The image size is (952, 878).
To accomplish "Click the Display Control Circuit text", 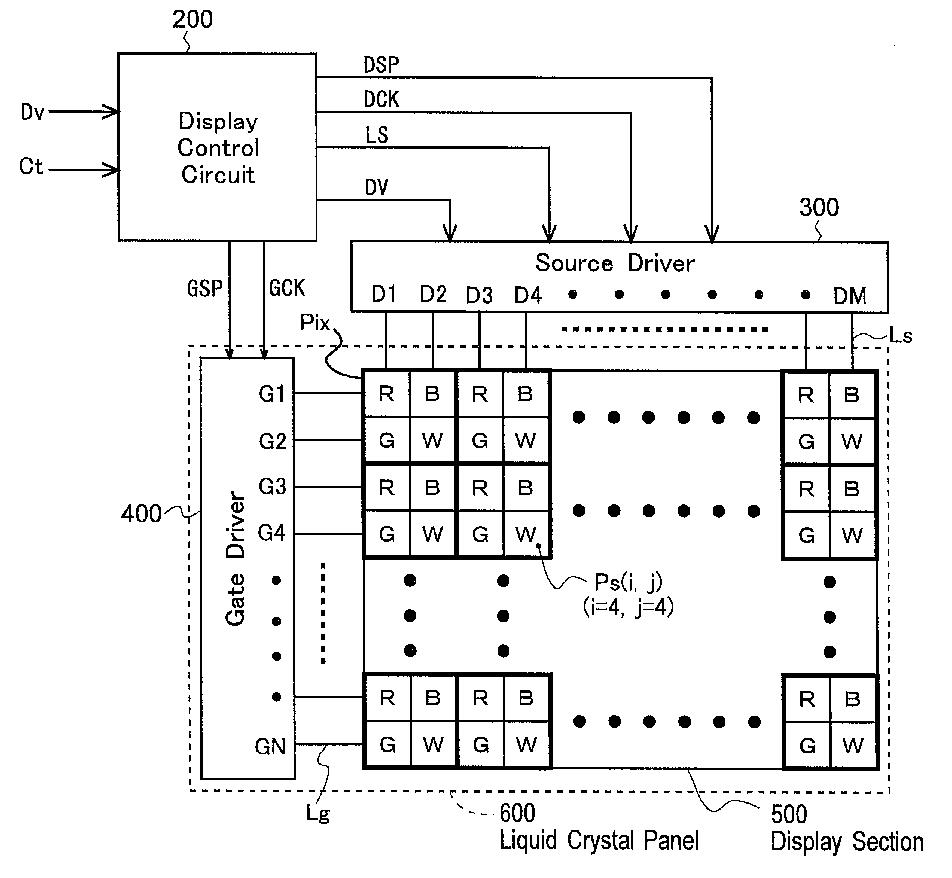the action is pyautogui.click(x=218, y=148).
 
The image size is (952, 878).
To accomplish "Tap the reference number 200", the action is pyautogui.click(x=192, y=19).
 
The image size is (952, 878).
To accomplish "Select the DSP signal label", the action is pyautogui.click(x=381, y=64).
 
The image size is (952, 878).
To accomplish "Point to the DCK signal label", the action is pyautogui.click(x=381, y=99).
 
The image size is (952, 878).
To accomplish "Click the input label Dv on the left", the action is pyautogui.click(x=33, y=112).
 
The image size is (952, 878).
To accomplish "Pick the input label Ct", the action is pyautogui.click(x=31, y=166).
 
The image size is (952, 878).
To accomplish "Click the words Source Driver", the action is pyautogui.click(x=615, y=263).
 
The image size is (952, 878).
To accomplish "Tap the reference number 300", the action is pyautogui.click(x=819, y=207).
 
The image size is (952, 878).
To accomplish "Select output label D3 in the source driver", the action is pyautogui.click(x=479, y=296).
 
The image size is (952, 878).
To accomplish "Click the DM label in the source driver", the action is pyautogui.click(x=850, y=296).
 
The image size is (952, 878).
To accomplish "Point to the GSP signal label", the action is pyautogui.click(x=204, y=288).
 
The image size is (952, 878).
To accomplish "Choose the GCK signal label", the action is pyautogui.click(x=287, y=288).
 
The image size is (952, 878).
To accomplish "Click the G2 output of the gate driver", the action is pyautogui.click(x=272, y=441).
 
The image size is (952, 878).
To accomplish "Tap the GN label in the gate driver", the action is pyautogui.click(x=270, y=746).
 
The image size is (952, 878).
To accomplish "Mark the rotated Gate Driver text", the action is pyautogui.click(x=235, y=559).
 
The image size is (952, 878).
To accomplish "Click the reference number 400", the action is pyautogui.click(x=141, y=513).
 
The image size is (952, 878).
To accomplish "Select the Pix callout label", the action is pyautogui.click(x=315, y=323).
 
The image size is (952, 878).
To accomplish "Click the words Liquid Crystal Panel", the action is pyautogui.click(x=599, y=840).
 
